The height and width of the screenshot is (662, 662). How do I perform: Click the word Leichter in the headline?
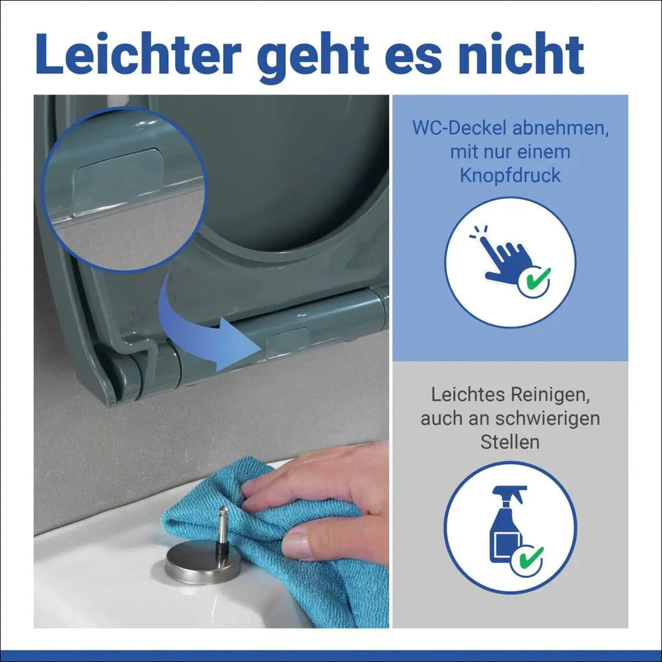click(x=138, y=54)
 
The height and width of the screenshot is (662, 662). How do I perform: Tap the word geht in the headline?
click(x=314, y=58)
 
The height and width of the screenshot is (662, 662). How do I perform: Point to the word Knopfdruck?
click(x=510, y=176)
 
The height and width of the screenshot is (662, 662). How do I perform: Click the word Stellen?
click(x=510, y=442)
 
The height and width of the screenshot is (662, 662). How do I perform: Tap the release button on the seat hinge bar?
click(x=288, y=341)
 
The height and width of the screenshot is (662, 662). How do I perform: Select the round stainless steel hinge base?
click(x=202, y=564)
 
